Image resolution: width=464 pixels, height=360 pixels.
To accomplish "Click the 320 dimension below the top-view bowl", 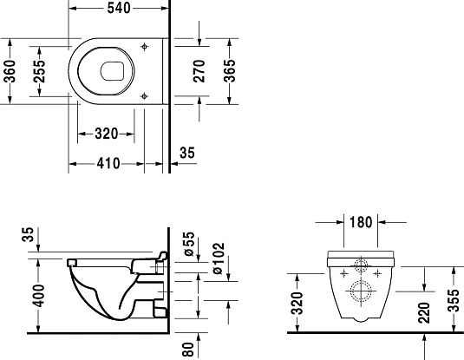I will [107, 134].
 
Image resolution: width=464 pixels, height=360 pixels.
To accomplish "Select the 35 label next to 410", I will [186, 154].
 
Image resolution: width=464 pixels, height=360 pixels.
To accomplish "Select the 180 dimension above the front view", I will [360, 222].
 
